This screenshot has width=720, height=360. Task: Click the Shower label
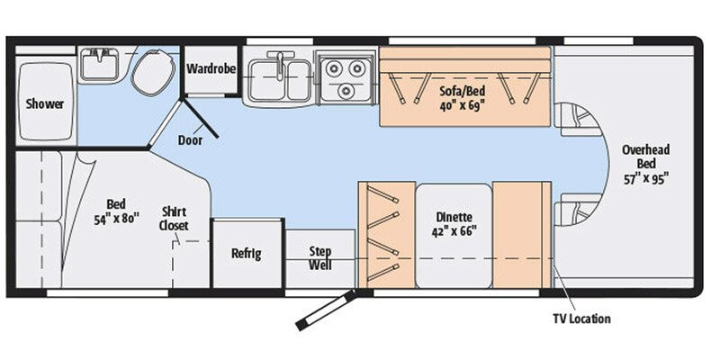point(45,103)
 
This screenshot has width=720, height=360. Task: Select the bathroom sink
point(97,63)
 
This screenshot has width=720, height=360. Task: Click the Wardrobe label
point(211,68)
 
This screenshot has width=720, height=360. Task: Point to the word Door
point(190,139)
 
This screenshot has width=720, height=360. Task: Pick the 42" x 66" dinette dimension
point(454,230)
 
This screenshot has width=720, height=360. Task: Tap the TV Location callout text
point(580,319)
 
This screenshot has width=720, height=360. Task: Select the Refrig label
point(246,253)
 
